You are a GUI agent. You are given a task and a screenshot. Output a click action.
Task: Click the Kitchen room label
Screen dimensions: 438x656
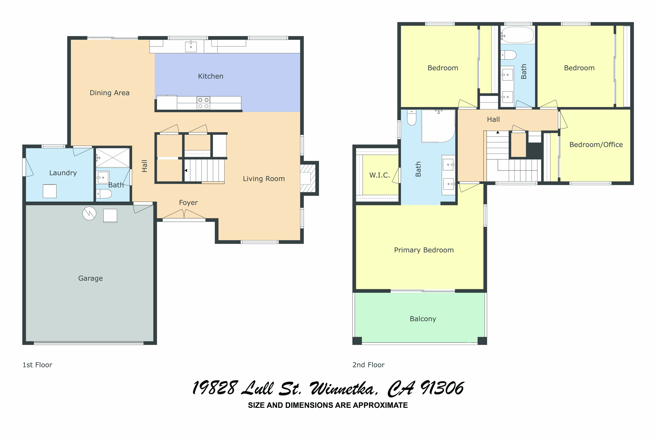pos(210,76)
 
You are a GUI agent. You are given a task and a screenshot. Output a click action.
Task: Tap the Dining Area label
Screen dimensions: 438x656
pos(110,93)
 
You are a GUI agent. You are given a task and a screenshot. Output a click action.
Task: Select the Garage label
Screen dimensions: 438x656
pos(90,278)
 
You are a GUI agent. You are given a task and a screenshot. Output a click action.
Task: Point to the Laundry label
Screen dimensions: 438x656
pos(63,173)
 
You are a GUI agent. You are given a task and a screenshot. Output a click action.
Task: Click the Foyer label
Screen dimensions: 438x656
pos(188,203)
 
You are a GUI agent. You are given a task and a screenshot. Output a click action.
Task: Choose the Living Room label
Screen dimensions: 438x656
pos(264,179)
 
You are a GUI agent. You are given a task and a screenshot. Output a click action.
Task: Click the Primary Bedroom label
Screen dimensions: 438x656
pos(424,250)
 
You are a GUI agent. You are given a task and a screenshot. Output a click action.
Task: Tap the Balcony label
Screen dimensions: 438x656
pos(423,319)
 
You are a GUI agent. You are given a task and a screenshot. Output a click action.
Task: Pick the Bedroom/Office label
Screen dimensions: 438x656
pos(596,145)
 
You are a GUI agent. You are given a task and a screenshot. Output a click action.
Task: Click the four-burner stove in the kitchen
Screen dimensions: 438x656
pos(203,103)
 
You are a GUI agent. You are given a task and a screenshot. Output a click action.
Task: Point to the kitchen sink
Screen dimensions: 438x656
pos(191,47)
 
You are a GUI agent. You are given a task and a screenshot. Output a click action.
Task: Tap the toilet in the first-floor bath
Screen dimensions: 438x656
pos(104,194)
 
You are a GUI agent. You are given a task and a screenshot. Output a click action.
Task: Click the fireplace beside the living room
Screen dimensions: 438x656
pos(308,178)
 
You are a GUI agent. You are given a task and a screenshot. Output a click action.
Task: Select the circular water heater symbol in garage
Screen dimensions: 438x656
pos(89,213)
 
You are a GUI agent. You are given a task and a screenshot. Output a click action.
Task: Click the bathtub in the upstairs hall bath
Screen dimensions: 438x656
pos(518,35)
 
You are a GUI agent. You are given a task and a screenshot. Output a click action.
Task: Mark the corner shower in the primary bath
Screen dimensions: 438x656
pos(438,126)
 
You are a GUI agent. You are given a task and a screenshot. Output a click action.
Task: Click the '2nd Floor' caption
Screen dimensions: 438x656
pos(368,365)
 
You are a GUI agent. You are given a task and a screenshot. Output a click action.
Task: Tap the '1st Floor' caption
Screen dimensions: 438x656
pos(37,365)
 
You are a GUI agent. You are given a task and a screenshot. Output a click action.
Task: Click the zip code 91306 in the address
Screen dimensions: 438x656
pos(442,388)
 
